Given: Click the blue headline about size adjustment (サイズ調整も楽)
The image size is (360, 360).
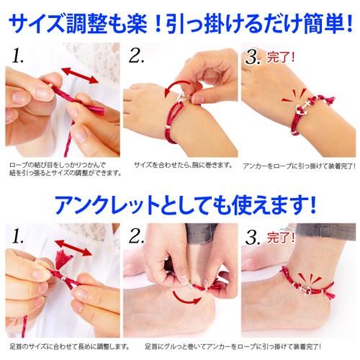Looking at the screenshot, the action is pos(181,24).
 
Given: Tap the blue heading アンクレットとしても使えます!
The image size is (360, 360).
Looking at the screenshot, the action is pos(185,205).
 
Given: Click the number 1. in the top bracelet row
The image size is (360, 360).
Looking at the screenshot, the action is pos(18,56).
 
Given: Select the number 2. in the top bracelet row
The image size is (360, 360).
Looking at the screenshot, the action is pos(136,56).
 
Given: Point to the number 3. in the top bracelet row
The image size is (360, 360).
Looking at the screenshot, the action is pos(253,58).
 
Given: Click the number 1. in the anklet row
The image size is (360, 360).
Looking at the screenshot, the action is pos(18,236).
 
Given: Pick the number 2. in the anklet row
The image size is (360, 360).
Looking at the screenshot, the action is pos(136,236).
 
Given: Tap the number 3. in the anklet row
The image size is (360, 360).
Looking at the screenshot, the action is pos(253,238).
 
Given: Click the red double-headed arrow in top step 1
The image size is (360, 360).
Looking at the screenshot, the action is pos(80,76).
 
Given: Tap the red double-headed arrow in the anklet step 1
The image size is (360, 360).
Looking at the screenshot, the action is pos(73,248).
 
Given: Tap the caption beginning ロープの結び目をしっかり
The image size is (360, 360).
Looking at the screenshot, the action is pos(66,168).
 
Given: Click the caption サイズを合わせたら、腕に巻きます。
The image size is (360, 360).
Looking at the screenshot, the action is pos(183,165).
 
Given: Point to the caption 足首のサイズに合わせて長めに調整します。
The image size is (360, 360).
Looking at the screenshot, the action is pos(70,347).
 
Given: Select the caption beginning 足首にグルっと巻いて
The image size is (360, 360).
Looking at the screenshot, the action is pos(233,347).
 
